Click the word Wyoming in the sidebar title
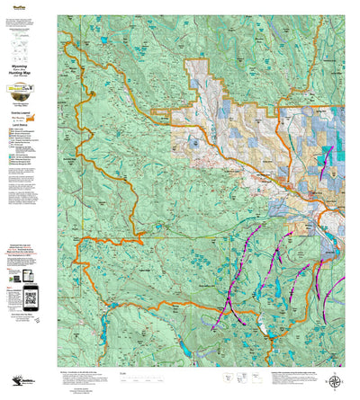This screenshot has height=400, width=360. coord(29,67)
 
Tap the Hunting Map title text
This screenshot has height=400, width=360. coord(29,76)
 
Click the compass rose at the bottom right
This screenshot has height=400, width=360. coord(336,379)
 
